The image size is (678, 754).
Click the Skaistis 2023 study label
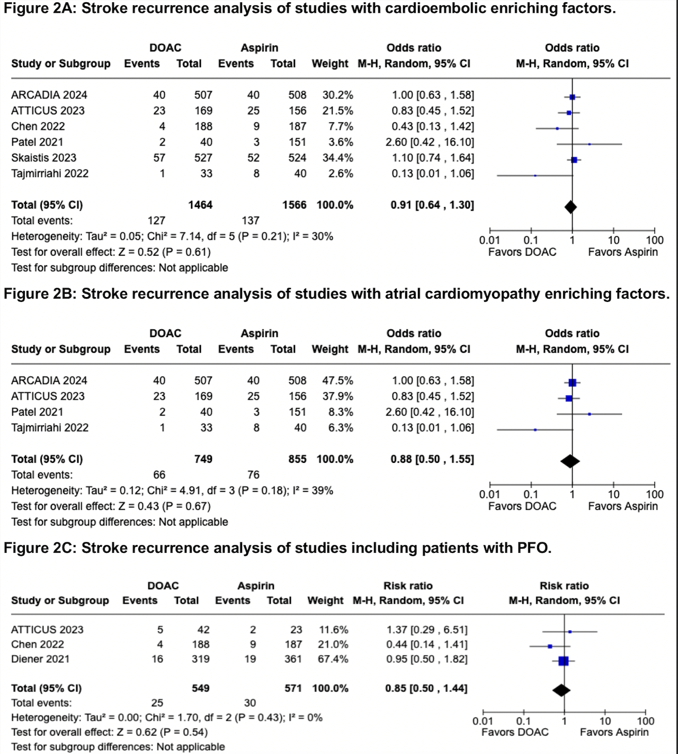pyautogui.click(x=43, y=158)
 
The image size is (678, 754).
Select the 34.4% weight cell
pyautogui.click(x=337, y=158)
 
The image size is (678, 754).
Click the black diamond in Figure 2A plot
pyautogui.click(x=570, y=207)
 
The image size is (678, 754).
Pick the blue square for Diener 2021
pyautogui.click(x=563, y=661)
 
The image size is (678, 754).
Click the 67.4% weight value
pyautogui.click(x=333, y=659)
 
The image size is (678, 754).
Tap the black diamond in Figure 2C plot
pyautogui.click(x=561, y=690)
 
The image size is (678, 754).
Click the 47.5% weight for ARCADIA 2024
pyautogui.click(x=337, y=381)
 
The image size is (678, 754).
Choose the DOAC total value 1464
pyautogui.click(x=200, y=205)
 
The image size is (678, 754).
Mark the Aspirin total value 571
pyautogui.click(x=293, y=688)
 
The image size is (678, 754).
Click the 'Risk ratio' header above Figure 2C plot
pyautogui.click(x=564, y=586)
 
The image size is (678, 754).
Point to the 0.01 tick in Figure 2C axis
pyautogui.click(x=483, y=721)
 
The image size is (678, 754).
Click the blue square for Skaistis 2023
pyautogui.click(x=574, y=160)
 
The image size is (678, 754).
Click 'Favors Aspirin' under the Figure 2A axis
pyautogui.click(x=622, y=252)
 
